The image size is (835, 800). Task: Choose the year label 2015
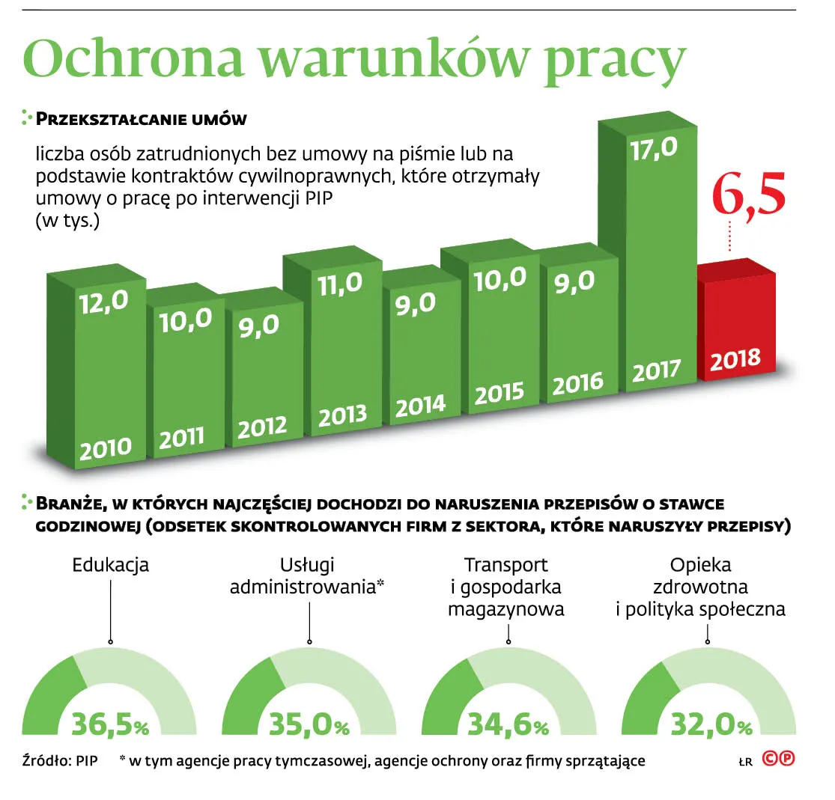click(x=499, y=394)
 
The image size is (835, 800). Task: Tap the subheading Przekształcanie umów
click(x=142, y=120)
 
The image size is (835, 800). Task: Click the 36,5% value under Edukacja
click(x=111, y=724)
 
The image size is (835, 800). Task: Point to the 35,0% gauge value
click(x=310, y=724)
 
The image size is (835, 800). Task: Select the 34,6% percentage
click(x=508, y=724)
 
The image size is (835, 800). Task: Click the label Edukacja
click(x=111, y=565)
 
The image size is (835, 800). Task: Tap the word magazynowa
click(x=506, y=609)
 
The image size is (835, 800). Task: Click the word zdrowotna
click(x=700, y=587)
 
